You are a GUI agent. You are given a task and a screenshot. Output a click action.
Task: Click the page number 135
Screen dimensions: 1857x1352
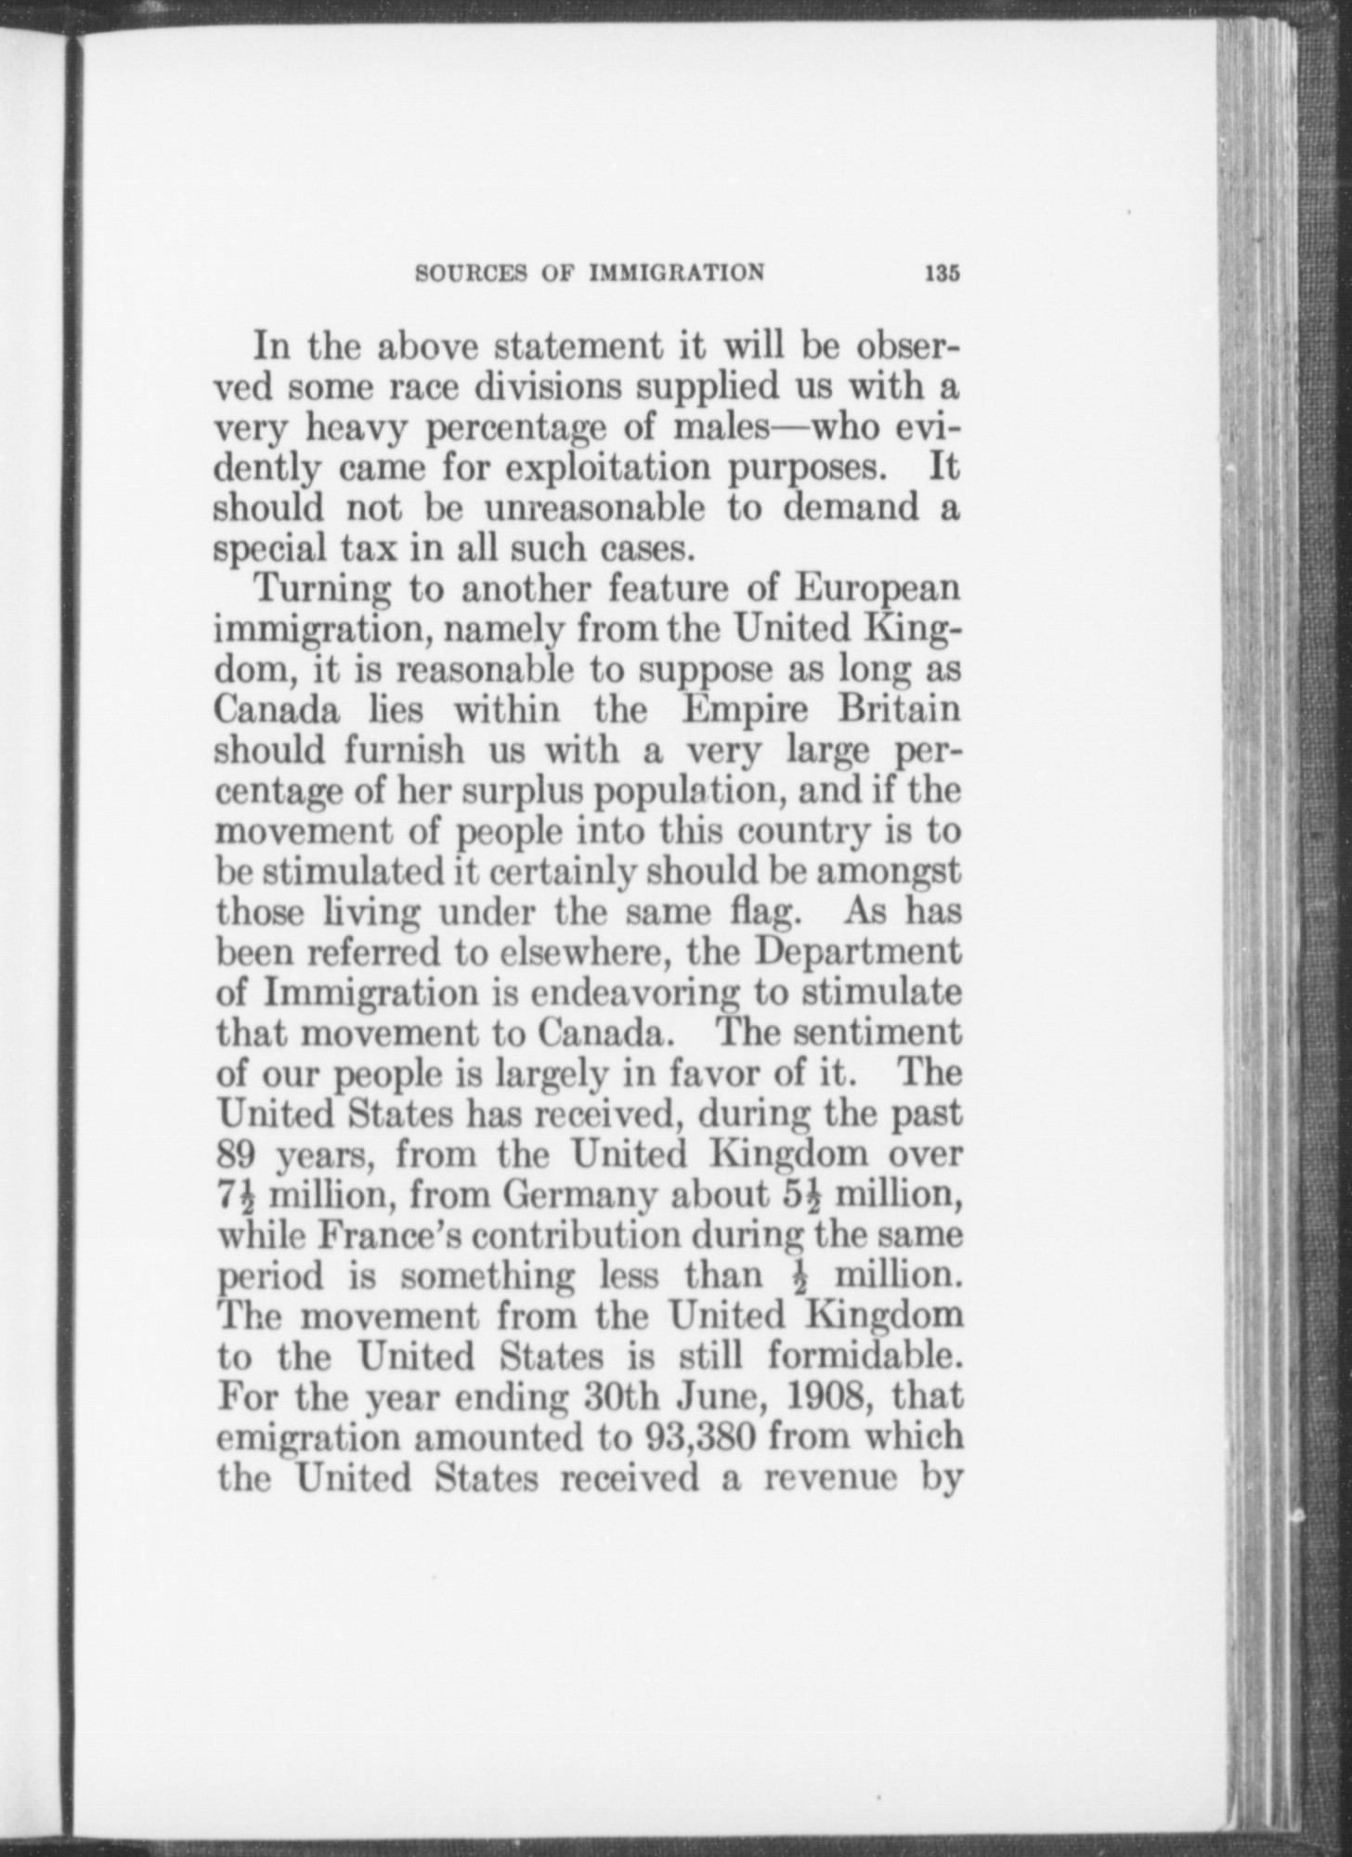941,274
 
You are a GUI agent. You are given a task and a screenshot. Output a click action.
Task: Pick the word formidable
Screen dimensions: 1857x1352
863,1357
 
